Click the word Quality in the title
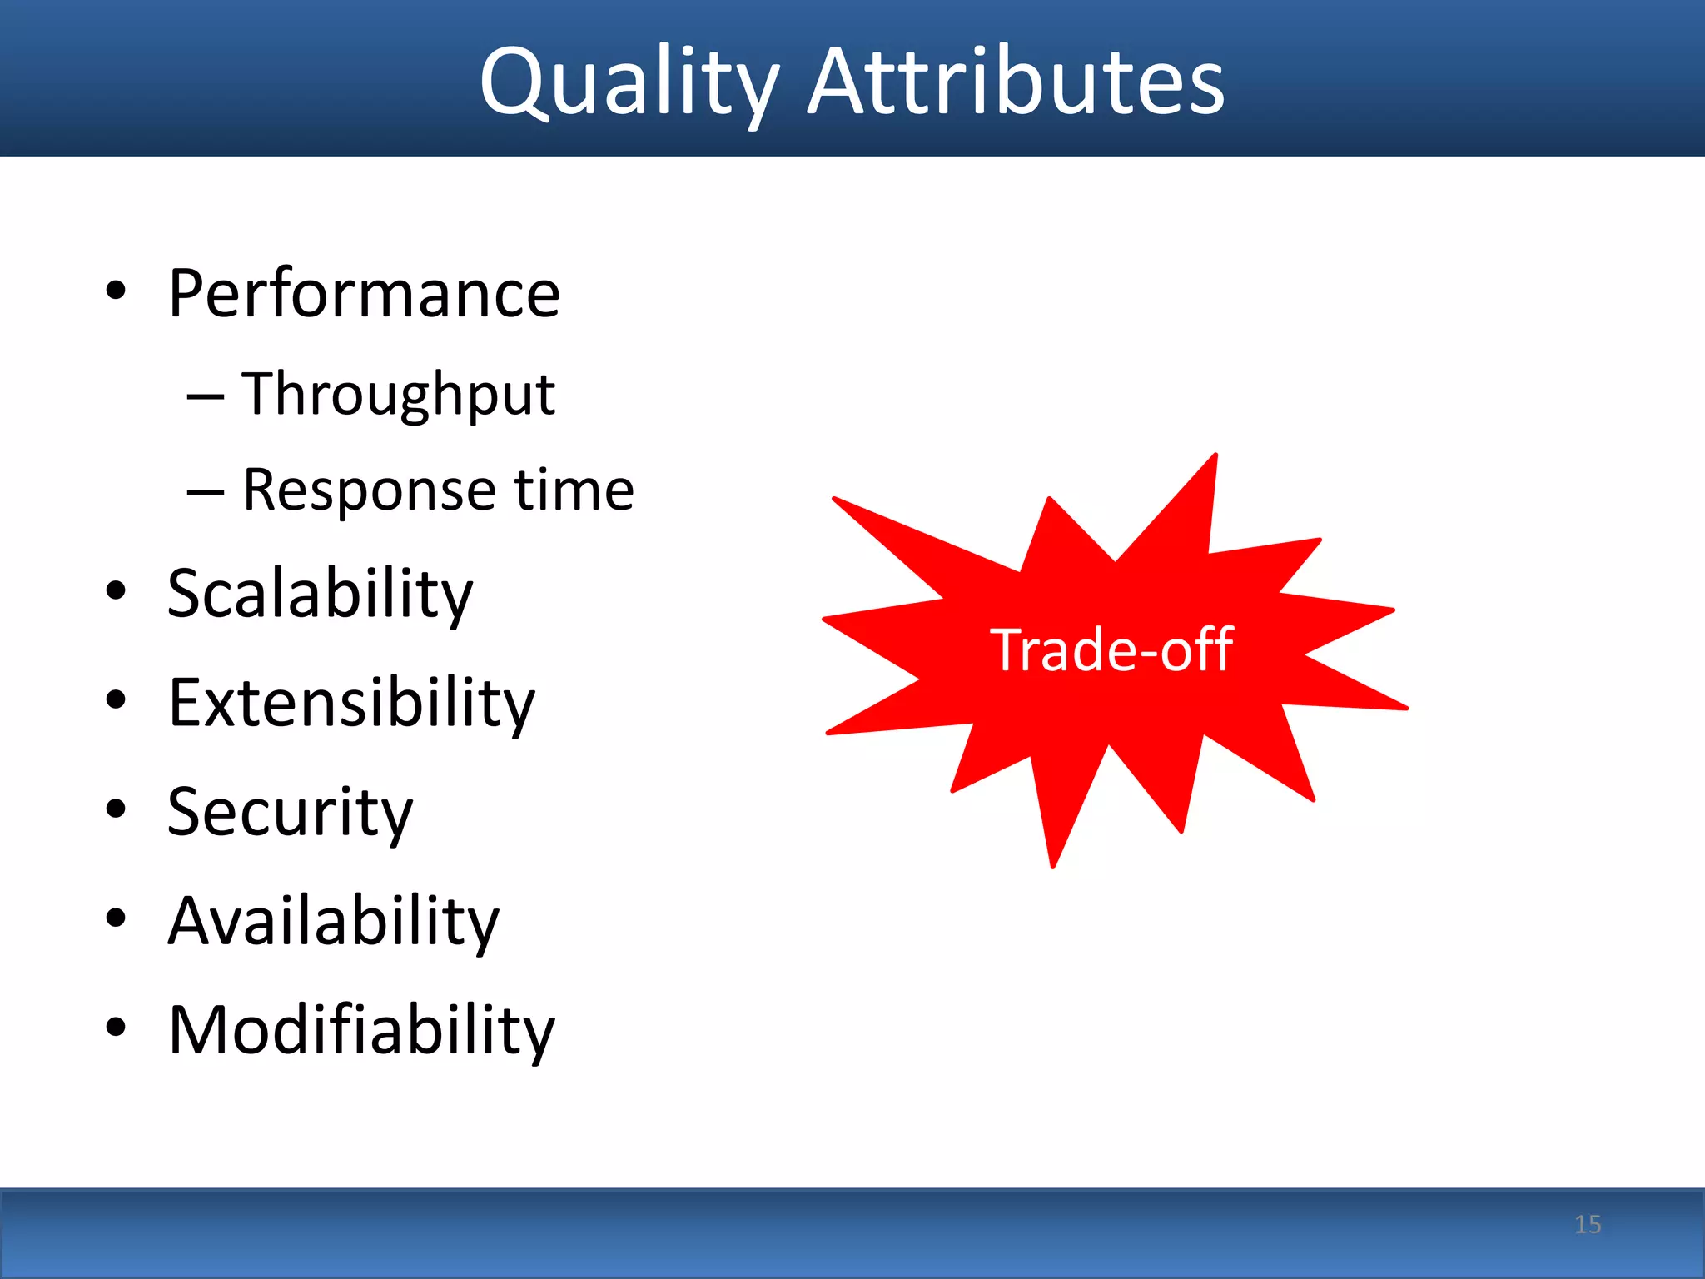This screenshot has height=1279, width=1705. pos(629,83)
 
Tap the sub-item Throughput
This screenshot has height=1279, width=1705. pos(398,394)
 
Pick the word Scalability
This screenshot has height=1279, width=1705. pos(320,593)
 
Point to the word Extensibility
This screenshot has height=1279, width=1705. pos(351,703)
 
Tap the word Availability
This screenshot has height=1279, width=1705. pos(333,921)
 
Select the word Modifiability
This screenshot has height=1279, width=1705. pos(361,1030)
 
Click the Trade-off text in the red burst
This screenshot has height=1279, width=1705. pos(1111,649)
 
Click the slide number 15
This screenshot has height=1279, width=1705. pos(1588,1224)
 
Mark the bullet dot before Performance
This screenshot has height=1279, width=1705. pos(116,291)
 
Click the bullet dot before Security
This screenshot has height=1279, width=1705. pos(116,809)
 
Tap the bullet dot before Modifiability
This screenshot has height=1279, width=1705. pos(116,1027)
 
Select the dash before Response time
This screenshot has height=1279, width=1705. pos(205,492)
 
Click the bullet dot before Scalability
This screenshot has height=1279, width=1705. pos(116,590)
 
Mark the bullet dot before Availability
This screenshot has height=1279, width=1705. pos(116,918)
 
